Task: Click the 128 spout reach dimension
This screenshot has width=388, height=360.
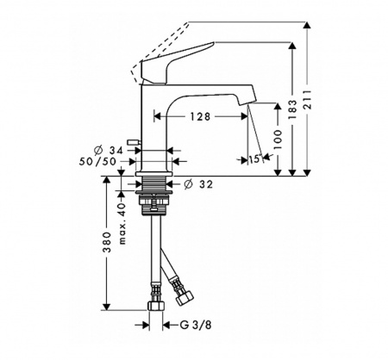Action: click(200, 116)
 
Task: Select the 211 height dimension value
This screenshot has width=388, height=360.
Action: click(308, 100)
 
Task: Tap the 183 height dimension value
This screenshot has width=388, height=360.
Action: click(292, 109)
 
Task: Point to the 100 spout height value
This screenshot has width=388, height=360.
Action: click(278, 140)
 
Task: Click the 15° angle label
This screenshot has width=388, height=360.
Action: click(255, 159)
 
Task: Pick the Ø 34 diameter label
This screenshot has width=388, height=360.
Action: click(109, 150)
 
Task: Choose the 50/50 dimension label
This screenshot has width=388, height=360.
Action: click(97, 162)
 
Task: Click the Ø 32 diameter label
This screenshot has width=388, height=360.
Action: click(198, 184)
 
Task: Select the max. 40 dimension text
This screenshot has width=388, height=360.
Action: click(122, 223)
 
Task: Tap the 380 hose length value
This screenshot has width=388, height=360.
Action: click(107, 242)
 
